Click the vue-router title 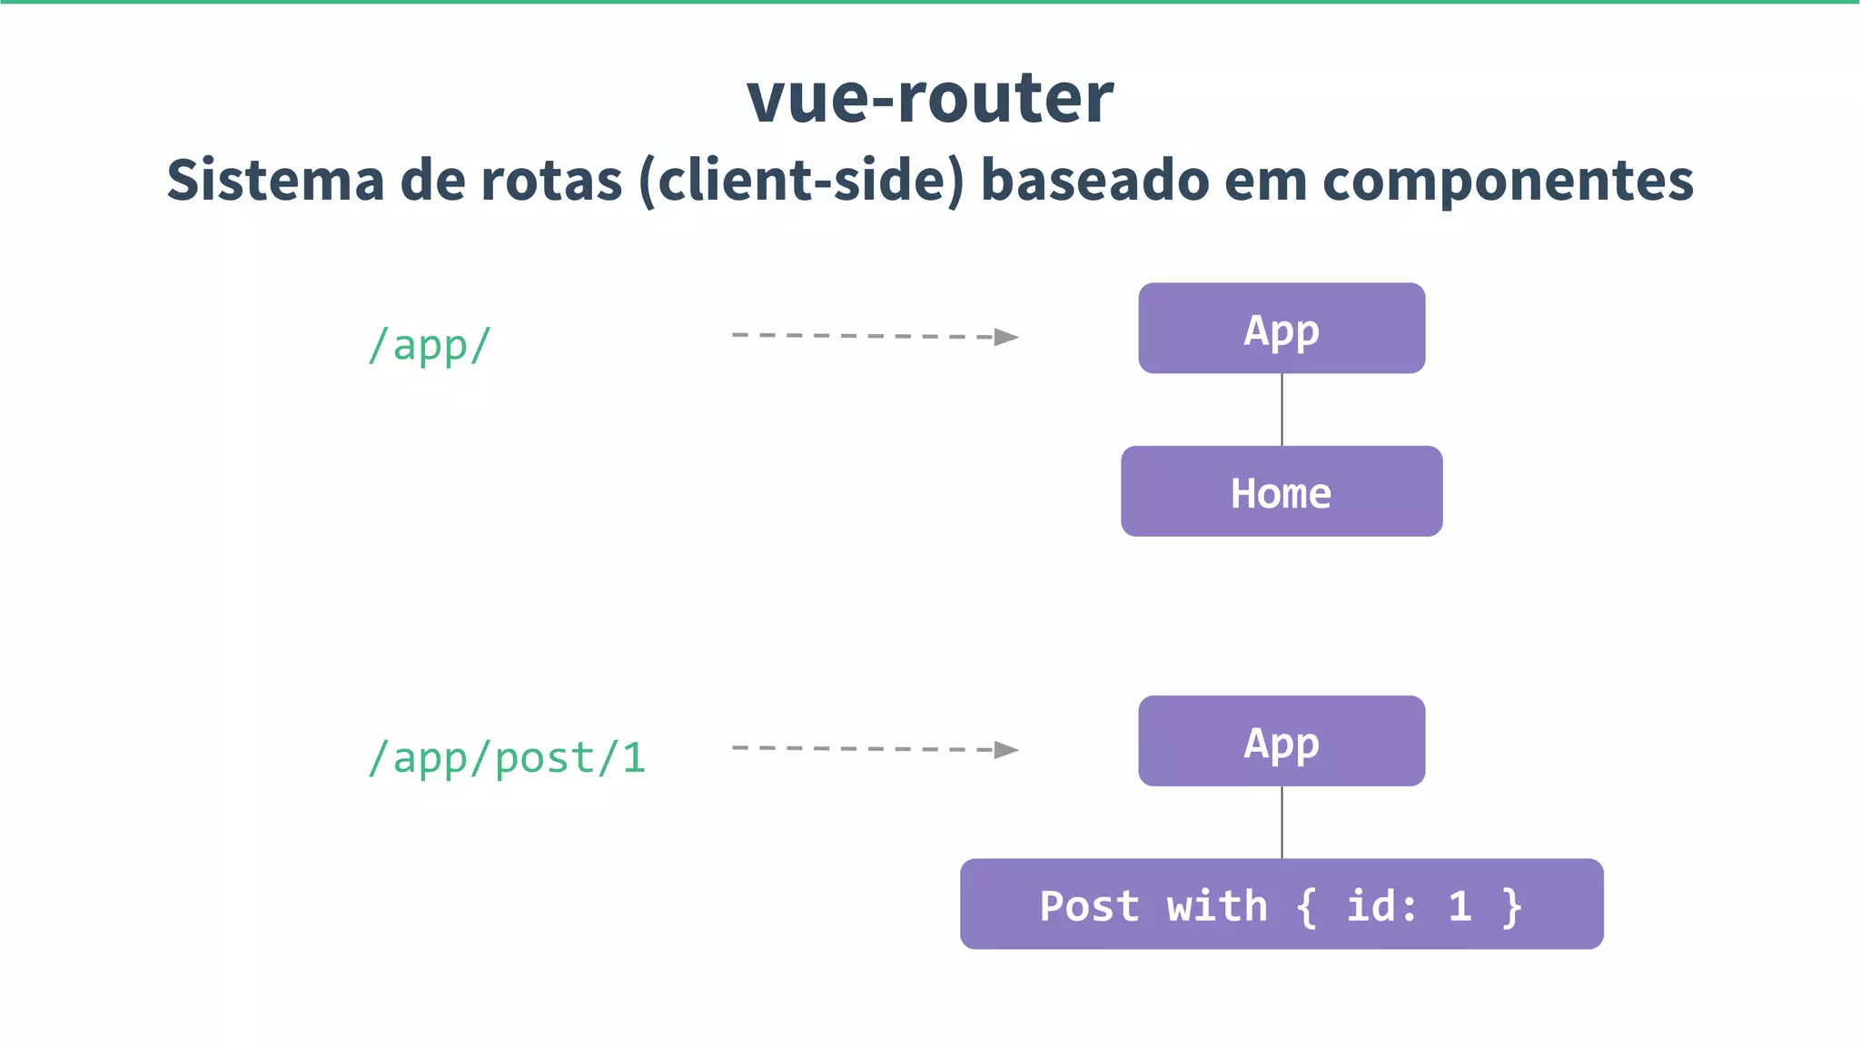coord(930,98)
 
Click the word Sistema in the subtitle coord(275,180)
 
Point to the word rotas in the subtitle coord(551,180)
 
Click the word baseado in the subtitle coord(1094,180)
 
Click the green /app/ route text coord(429,345)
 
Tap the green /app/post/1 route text coord(507,758)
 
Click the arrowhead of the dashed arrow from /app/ coord(1006,337)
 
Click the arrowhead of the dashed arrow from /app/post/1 coord(1006,750)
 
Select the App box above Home coord(1281,328)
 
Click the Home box coord(1281,491)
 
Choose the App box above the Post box coord(1281,741)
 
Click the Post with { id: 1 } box coord(1281,904)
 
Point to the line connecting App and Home coord(1281,410)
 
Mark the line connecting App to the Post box coord(1281,823)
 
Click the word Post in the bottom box coord(1089,906)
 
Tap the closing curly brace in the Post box coord(1511,906)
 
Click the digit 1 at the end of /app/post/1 coord(633,758)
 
